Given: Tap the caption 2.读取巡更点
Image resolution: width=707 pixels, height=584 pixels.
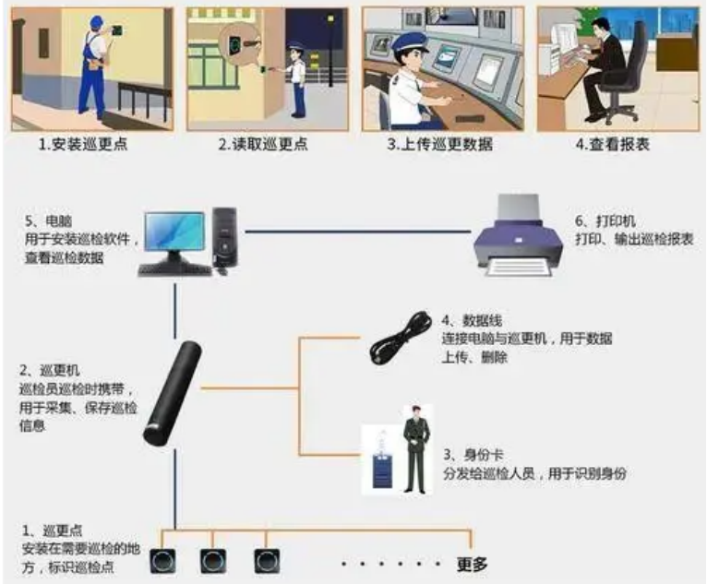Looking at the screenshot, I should [x=263, y=144].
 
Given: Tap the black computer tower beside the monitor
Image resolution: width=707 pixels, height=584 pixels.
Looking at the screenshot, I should [x=226, y=236].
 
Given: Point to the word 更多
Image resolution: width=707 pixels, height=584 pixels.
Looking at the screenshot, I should [x=473, y=564].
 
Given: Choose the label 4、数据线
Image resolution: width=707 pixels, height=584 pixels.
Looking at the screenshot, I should [x=471, y=320].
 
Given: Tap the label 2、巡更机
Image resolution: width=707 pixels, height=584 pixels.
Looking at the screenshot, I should [x=48, y=370].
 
